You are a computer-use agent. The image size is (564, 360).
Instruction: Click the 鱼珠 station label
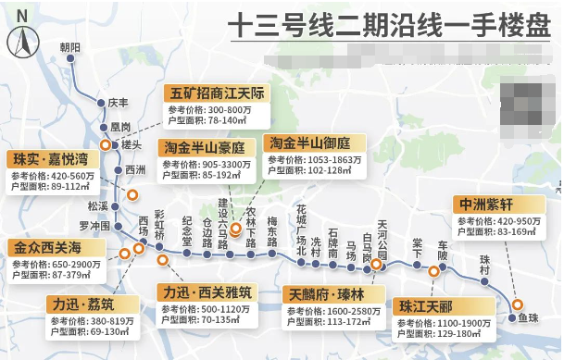(528, 317)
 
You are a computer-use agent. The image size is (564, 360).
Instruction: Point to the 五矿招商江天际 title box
(217, 94)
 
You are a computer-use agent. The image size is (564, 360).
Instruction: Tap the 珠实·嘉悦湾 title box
(48, 158)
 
